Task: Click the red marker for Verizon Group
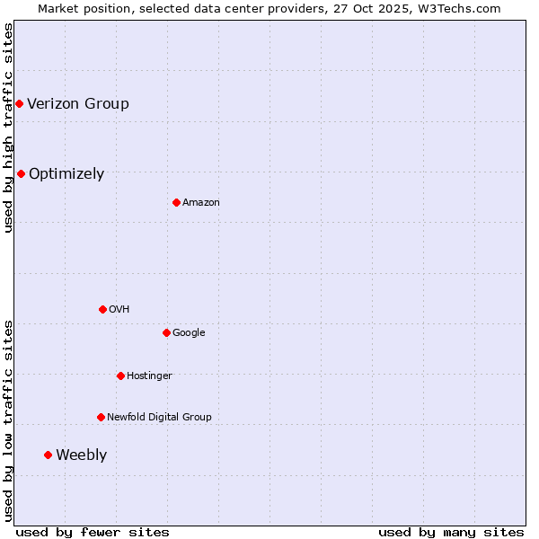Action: (19, 104)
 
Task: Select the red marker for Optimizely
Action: (21, 173)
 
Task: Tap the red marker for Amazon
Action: (176, 202)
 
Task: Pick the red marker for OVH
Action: (102, 309)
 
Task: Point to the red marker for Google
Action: (166, 332)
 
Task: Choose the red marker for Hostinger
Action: (120, 376)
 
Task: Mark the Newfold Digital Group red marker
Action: (101, 417)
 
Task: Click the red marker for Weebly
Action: (48, 455)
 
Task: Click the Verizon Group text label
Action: (78, 103)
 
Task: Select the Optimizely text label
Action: (66, 173)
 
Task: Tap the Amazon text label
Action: (201, 202)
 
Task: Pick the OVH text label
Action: (119, 309)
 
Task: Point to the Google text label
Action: (189, 332)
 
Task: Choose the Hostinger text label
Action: (149, 376)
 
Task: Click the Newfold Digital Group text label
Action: (159, 417)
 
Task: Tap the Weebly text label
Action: (81, 455)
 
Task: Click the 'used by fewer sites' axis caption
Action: (93, 532)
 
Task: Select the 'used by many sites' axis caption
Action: (451, 532)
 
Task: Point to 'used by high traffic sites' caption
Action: (8, 128)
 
